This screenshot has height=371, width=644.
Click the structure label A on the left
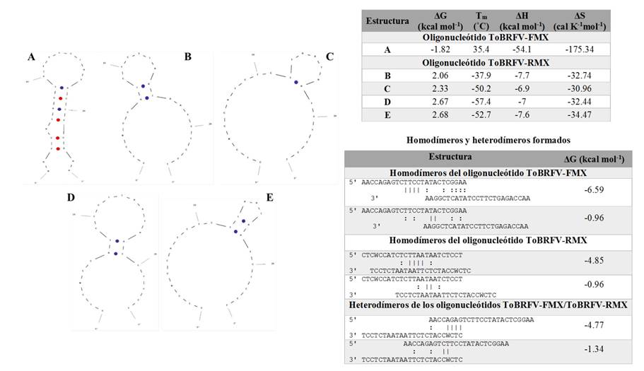click(x=30, y=57)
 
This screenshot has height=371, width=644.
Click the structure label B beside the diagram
click(x=187, y=56)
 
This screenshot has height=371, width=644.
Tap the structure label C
click(x=329, y=56)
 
